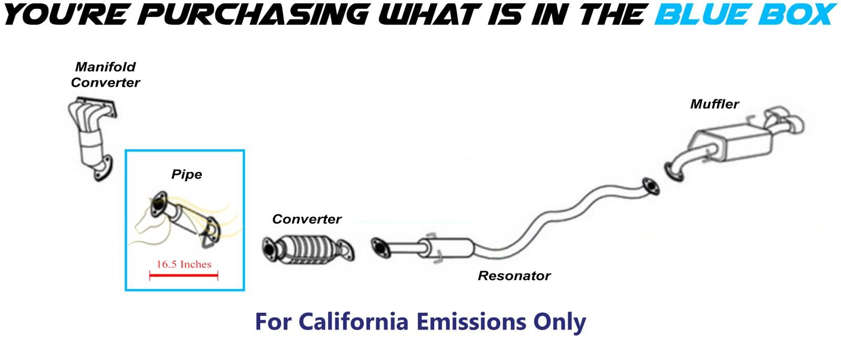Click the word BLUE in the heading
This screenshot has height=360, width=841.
tap(704, 14)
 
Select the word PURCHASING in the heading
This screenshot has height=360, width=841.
tap(256, 14)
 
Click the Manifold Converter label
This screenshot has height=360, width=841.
tap(106, 75)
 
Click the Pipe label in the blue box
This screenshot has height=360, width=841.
tap(187, 174)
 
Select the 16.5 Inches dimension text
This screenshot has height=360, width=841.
tap(184, 264)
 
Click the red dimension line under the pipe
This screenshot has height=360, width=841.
tap(183, 276)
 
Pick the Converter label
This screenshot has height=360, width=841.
tap(307, 219)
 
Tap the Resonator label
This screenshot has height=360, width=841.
tap(514, 276)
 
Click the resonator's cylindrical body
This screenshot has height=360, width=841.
tap(447, 248)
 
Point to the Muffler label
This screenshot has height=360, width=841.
tap(714, 104)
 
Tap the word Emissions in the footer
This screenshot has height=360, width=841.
tap(471, 322)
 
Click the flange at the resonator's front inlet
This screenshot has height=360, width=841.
tap(381, 248)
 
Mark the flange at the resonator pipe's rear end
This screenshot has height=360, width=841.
tap(650, 187)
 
